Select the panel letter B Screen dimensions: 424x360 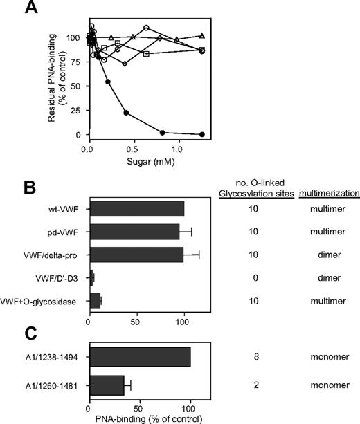tap(10, 187)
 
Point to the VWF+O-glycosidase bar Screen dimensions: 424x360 tap(95, 302)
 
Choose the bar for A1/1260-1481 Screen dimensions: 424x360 tap(107, 382)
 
